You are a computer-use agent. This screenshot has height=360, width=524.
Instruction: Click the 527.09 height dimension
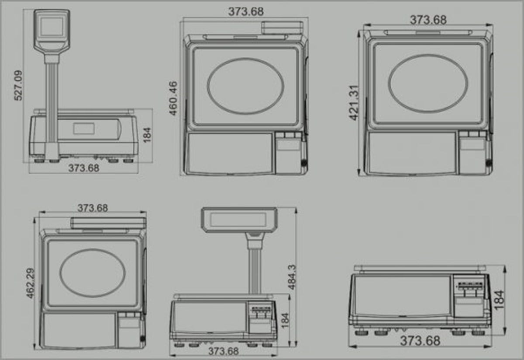click(18, 86)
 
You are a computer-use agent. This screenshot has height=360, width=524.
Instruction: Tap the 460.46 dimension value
click(173, 98)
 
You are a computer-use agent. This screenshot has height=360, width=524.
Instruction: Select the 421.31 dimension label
click(354, 103)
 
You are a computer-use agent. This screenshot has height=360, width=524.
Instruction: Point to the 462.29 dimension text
click(31, 283)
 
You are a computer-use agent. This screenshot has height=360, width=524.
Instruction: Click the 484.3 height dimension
click(292, 277)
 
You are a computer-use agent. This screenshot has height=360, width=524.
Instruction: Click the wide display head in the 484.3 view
click(239, 220)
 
